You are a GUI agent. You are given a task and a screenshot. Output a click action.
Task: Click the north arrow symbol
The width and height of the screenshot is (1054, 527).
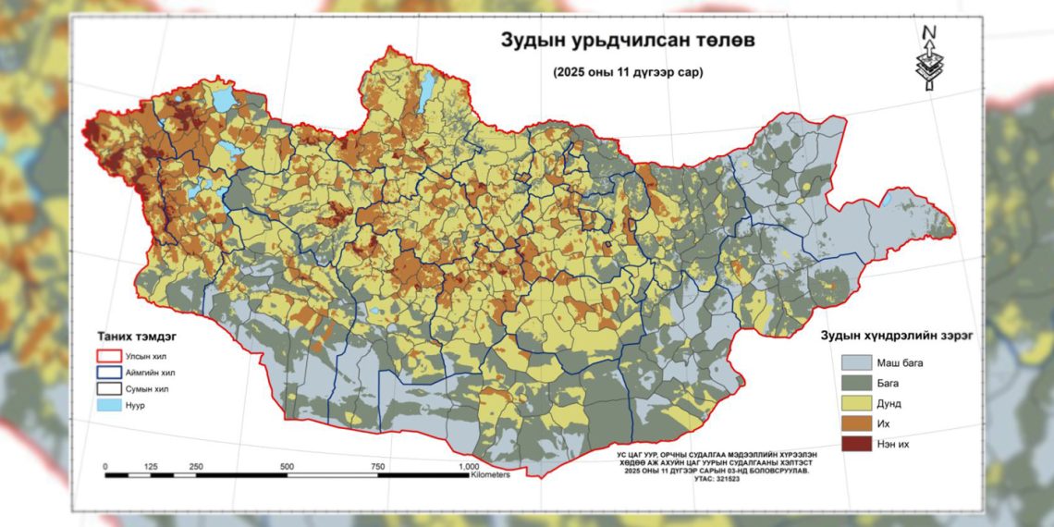[x=929, y=57]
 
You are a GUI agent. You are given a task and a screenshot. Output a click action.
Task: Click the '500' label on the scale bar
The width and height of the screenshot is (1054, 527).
[x=287, y=466]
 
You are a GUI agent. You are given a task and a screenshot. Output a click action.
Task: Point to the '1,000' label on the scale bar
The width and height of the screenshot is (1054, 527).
[x=468, y=466]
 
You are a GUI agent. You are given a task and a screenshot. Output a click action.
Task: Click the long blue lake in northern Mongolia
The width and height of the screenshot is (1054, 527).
[x=428, y=90]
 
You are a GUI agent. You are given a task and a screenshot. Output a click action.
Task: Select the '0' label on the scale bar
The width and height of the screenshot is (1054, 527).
[x=105, y=466]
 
